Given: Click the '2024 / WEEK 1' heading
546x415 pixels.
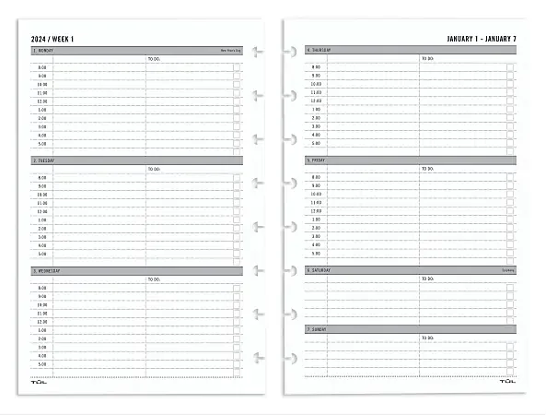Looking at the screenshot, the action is click(52, 38).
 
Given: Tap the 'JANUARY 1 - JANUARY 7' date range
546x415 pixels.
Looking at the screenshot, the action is click(481, 38).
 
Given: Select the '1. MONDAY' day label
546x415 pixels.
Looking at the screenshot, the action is click(44, 50).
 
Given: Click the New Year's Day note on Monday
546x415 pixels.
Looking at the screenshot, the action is click(229, 50).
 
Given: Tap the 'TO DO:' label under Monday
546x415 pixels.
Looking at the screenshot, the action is click(154, 58).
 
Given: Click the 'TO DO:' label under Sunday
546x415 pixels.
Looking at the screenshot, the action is click(427, 338).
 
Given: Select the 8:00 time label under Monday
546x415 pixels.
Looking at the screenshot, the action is click(42, 67).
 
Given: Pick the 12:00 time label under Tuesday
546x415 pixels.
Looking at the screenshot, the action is click(42, 212).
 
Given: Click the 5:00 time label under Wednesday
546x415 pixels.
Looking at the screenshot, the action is click(42, 364).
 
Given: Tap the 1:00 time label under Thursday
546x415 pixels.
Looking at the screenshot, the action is click(316, 109).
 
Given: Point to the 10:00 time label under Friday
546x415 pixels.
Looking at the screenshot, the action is click(316, 194).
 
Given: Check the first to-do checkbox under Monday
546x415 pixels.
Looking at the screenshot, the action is click(237, 67).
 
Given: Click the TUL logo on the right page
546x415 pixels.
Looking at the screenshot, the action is click(507, 381).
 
